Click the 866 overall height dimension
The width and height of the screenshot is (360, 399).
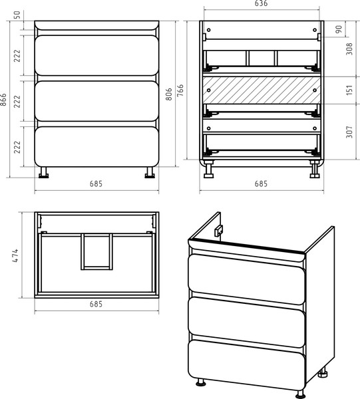click(x=3, y=100)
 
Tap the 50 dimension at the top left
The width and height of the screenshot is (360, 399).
click(x=16, y=15)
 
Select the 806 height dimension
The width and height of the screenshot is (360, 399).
click(x=169, y=94)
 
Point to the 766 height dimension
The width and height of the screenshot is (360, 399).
click(x=180, y=90)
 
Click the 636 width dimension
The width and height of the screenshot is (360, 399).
click(x=262, y=3)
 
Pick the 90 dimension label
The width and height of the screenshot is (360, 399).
click(x=339, y=29)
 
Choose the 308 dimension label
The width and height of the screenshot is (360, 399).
click(x=349, y=49)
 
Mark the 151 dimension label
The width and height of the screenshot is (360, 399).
click(x=349, y=90)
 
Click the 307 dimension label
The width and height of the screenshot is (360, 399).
click(x=349, y=132)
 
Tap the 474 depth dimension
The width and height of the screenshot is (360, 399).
click(x=15, y=255)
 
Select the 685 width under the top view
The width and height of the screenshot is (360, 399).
click(x=96, y=304)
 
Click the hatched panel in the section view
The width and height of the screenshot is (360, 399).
click(x=262, y=90)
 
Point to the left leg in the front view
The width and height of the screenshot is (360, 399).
click(x=43, y=172)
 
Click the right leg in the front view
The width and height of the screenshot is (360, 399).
click(x=150, y=172)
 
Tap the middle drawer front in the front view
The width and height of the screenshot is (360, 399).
click(x=96, y=101)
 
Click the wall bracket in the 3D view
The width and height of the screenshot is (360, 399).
click(x=218, y=231)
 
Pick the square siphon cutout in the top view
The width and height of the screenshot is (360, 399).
click(x=96, y=251)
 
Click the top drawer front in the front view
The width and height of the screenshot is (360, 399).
click(x=96, y=55)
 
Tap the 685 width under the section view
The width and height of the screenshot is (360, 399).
click(x=262, y=184)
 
